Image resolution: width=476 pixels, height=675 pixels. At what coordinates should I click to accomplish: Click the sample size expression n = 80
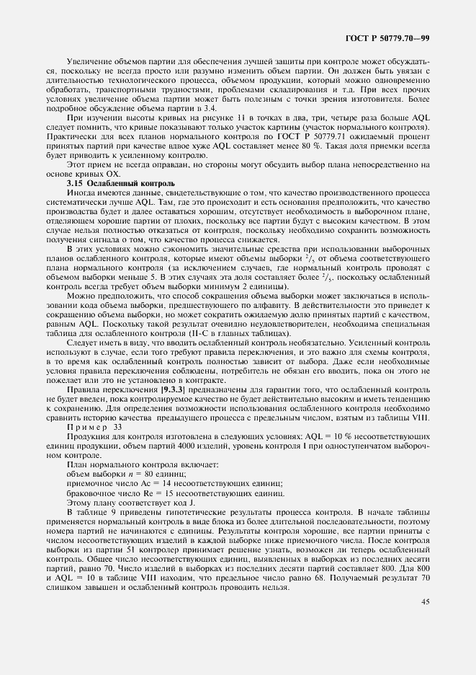coord(140,475)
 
